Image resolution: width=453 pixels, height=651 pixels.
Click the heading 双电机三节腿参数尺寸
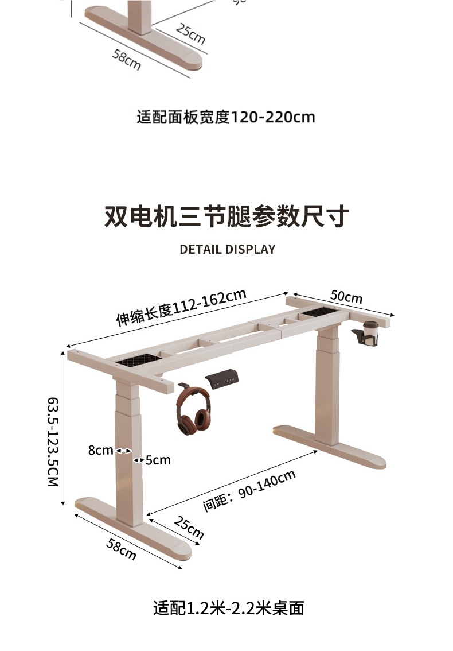pyautogui.click(x=226, y=217)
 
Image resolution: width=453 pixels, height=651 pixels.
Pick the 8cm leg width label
pyautogui.click(x=100, y=451)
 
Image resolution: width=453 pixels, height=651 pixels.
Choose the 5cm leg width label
pyautogui.click(x=158, y=460)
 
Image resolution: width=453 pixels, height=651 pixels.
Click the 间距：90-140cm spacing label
pyautogui.click(x=249, y=490)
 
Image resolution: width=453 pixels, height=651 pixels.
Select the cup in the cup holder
pyautogui.click(x=372, y=332)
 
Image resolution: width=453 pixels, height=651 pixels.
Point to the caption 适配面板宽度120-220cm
pyautogui.click(x=226, y=117)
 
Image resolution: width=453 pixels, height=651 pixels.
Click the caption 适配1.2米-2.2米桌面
pyautogui.click(x=228, y=608)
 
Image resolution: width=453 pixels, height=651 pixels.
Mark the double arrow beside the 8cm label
pyautogui.click(x=123, y=451)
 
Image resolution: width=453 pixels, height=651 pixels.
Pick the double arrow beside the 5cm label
pyautogui.click(x=139, y=460)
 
